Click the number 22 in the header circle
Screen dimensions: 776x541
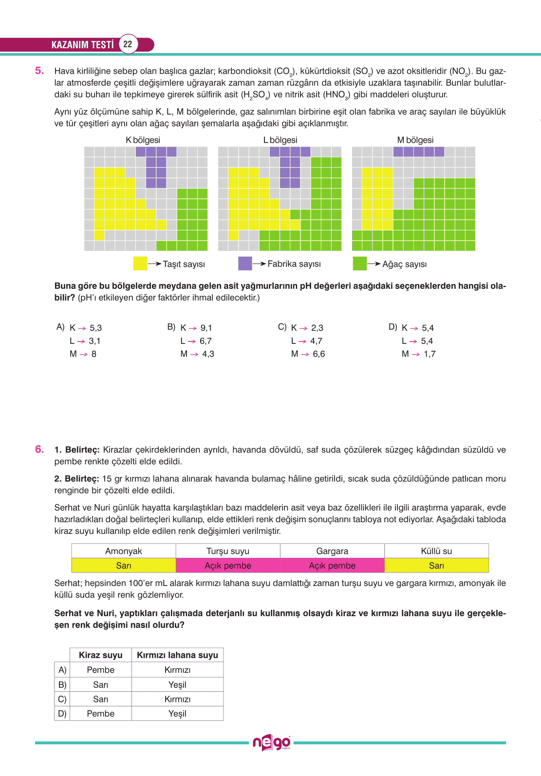click(128, 44)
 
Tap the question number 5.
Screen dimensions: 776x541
click(39, 71)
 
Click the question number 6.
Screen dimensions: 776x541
click(39, 449)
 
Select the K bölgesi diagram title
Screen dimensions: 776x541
click(143, 140)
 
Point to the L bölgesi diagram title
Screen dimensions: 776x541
click(280, 140)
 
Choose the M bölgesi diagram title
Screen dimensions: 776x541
click(415, 140)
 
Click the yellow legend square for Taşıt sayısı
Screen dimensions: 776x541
click(140, 264)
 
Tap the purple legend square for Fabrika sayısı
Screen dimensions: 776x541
click(245, 264)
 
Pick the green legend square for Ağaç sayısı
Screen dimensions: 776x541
click(359, 264)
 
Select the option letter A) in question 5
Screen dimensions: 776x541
click(60, 327)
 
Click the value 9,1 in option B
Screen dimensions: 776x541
click(206, 328)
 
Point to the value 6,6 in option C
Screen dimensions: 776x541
click(319, 354)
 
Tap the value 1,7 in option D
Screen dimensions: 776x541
click(429, 354)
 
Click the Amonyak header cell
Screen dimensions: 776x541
click(124, 551)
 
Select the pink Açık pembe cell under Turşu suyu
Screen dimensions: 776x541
click(228, 566)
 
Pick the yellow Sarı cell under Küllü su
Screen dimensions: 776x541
click(436, 566)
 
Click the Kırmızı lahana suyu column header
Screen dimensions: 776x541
click(177, 655)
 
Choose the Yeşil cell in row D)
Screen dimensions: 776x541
click(177, 714)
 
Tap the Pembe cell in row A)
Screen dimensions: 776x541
click(100, 670)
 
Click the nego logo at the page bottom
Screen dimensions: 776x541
click(271, 743)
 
